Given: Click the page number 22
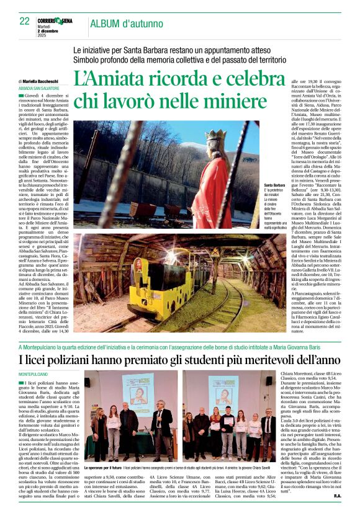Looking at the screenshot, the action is tap(25, 21).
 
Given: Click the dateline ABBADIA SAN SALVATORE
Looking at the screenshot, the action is tap(39, 87).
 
